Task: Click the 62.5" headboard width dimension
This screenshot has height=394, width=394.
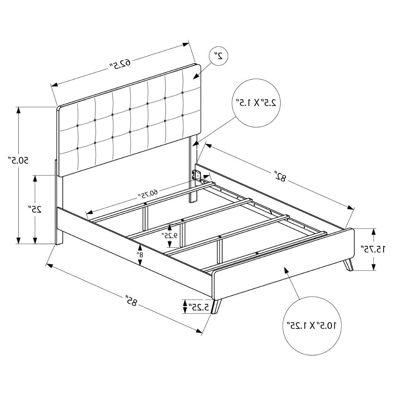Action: pos(120,63)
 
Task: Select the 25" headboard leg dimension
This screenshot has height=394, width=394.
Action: pos(34,209)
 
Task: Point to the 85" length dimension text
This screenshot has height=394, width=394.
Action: pos(131,300)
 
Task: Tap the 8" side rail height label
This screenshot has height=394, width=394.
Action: pos(140,255)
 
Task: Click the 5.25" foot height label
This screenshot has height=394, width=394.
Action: pos(200,307)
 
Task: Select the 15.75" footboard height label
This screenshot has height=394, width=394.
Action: pos(373,249)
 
